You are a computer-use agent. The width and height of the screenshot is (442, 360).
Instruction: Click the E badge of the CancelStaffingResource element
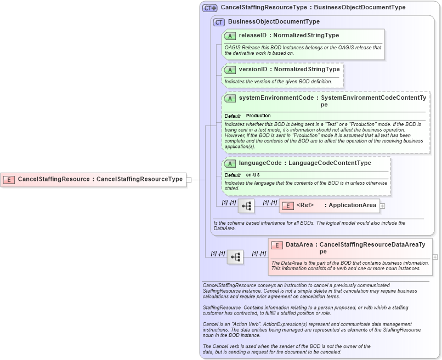point(9,179)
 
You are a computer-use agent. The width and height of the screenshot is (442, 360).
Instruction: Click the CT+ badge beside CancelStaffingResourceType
point(210,8)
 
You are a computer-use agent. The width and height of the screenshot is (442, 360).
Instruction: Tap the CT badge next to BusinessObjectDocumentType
point(219,22)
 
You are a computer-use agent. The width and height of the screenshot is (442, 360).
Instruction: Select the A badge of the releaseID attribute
point(230,36)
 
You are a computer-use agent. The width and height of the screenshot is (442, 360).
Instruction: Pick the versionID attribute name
point(253,70)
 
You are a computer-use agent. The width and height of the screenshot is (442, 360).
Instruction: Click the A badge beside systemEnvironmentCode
point(230,98)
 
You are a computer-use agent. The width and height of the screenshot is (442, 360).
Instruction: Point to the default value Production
point(258,116)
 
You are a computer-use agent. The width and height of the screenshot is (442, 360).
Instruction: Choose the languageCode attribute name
point(260,163)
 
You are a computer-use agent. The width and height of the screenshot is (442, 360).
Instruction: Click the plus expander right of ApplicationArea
point(383,206)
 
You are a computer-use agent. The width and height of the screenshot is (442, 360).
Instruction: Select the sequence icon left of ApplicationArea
point(246,206)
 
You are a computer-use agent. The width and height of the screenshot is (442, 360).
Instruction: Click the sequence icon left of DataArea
point(235,256)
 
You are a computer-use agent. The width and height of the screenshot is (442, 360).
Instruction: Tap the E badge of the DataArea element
point(277,245)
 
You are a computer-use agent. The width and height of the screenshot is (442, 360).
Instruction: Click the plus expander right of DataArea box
point(435,256)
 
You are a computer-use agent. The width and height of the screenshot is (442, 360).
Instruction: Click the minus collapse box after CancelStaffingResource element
point(189,179)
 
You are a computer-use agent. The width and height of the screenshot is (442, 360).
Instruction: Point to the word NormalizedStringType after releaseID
point(306,36)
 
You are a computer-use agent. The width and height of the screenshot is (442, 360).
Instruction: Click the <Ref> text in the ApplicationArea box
point(305,205)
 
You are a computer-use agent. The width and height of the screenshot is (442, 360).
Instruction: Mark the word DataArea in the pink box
point(299,245)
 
